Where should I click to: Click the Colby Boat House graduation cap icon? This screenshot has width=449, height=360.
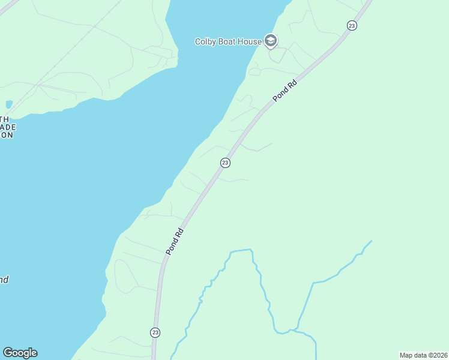[270, 41]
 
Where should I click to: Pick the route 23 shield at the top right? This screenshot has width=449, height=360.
[352, 25]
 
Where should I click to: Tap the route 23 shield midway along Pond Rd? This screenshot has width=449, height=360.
[225, 163]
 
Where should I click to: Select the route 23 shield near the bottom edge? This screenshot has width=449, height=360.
[155, 332]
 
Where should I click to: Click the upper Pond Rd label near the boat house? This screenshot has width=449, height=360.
[285, 91]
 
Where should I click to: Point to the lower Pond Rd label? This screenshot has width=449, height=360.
[174, 241]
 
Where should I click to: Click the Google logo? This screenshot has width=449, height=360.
[20, 353]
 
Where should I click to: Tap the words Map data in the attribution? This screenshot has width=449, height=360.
[412, 355]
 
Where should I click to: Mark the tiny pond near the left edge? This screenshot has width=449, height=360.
[8, 104]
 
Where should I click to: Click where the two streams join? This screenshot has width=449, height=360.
[292, 330]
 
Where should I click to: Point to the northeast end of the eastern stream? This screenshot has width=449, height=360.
[371, 241]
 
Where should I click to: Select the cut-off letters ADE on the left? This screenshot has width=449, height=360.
[7, 127]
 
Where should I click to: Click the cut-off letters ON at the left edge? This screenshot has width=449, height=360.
[6, 135]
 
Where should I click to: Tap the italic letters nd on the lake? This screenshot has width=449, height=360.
[4, 280]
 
